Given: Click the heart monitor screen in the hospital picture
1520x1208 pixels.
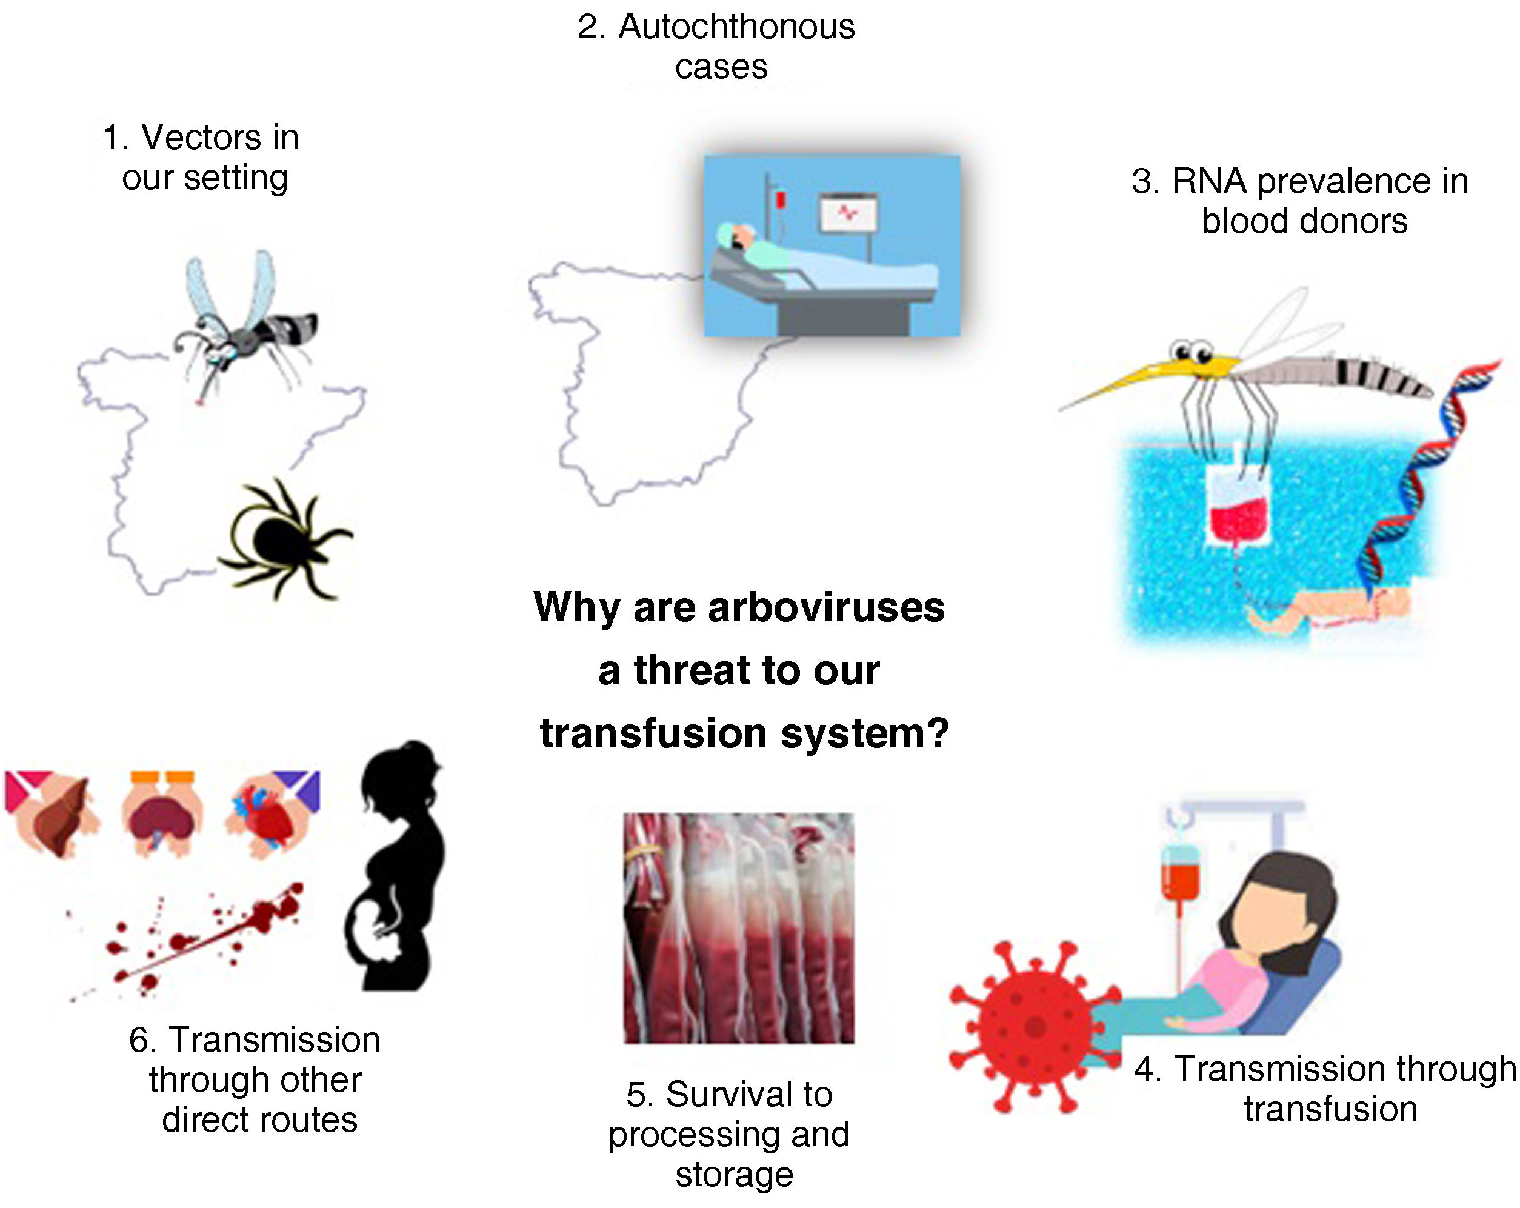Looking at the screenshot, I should click(848, 213).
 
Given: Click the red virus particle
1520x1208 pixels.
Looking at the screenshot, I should click(1033, 1027).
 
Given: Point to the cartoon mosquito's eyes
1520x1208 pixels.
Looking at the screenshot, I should click(1191, 351).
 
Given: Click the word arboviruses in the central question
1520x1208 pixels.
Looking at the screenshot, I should click(825, 607).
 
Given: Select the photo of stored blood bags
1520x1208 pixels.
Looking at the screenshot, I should click(738, 928).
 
